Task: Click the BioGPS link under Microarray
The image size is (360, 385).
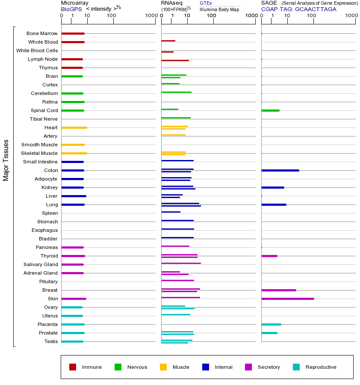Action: [x=70, y=9]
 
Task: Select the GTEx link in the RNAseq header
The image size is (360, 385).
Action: [x=206, y=3]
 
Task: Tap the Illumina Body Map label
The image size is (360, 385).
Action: [x=219, y=9]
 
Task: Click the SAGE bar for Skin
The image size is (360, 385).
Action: [x=287, y=299]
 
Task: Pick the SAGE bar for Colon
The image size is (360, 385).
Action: [x=280, y=170]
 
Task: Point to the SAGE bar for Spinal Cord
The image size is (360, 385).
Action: [x=270, y=110]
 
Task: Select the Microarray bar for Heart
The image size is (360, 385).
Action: [x=74, y=127]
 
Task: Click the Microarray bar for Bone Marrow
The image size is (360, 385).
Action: [x=73, y=33]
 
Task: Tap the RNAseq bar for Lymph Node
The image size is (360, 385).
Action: [x=175, y=60]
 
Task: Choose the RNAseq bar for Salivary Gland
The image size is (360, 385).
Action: [x=181, y=263]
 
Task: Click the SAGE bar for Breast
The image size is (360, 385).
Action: [x=278, y=290]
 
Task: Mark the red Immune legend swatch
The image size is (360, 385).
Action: [x=73, y=367]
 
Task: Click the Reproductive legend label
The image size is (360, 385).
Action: [x=321, y=367]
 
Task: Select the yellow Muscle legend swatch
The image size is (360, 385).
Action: [x=163, y=367]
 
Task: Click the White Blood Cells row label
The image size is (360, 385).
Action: [x=37, y=50]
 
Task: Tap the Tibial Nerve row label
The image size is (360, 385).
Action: [x=44, y=119]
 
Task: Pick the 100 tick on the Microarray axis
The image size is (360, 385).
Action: [x=111, y=16]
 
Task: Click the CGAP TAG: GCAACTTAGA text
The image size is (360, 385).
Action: [x=298, y=9]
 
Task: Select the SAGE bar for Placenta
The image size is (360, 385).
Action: [x=271, y=324]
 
